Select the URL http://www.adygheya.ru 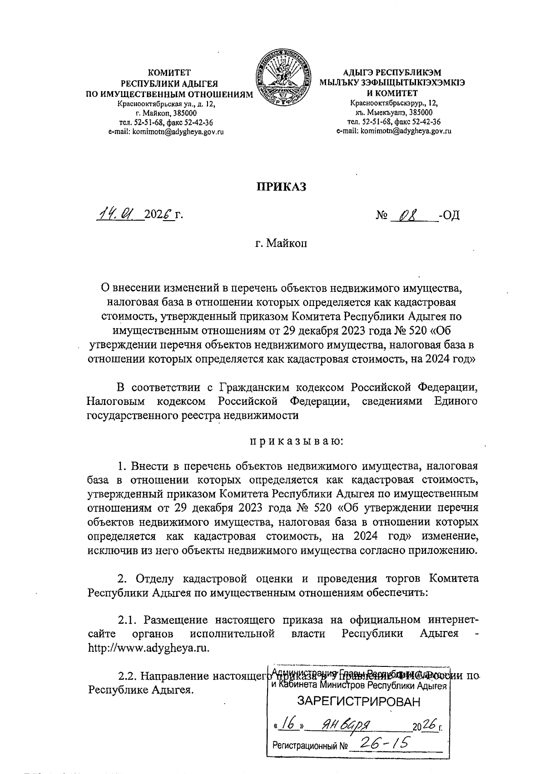[x=149, y=647]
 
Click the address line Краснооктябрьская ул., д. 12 [x=166, y=104]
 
